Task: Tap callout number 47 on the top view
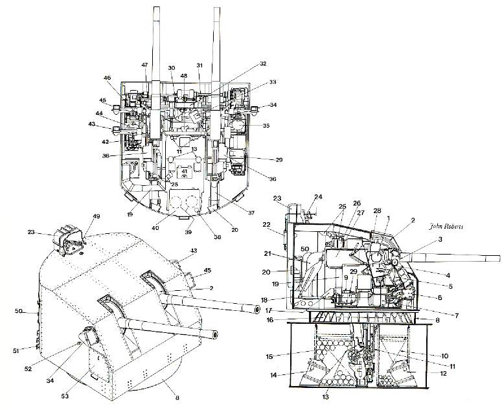pyautogui.click(x=144, y=65)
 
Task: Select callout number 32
pyautogui.click(x=262, y=63)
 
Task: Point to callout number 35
pyautogui.click(x=266, y=126)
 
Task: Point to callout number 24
pyautogui.click(x=318, y=197)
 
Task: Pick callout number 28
pyautogui.click(x=376, y=211)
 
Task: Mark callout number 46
pyautogui.click(x=108, y=78)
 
